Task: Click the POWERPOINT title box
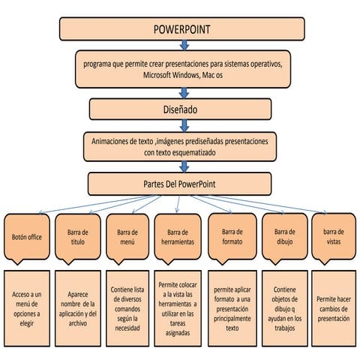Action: click(181, 29)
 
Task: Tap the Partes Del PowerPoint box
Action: click(181, 184)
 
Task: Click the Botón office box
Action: click(26, 236)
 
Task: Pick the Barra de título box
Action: click(77, 236)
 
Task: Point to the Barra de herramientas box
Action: click(178, 236)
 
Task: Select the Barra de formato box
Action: click(232, 236)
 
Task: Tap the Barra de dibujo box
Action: click(284, 236)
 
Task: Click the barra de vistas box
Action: click(334, 236)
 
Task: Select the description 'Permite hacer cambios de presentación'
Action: click(334, 307)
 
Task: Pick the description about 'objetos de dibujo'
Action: click(284, 307)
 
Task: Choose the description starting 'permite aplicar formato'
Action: click(232, 307)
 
